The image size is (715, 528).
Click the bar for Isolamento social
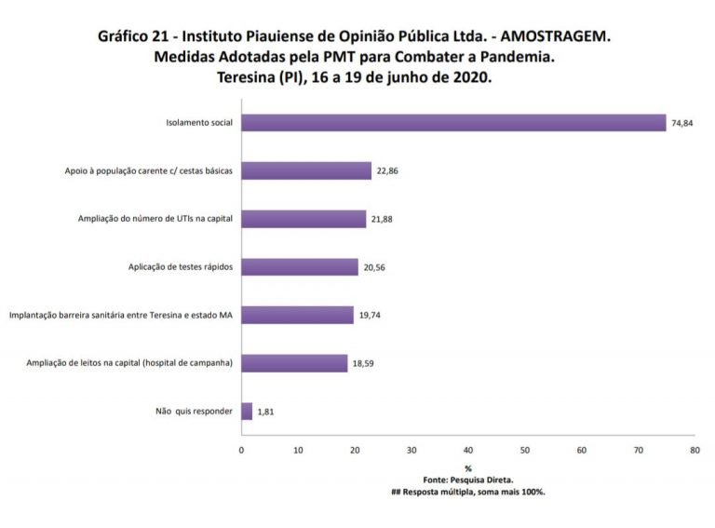tap(453, 123)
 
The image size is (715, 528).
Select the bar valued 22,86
tap(306, 170)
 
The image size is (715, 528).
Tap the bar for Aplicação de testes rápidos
tap(300, 267)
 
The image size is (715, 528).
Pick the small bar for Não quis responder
tap(247, 411)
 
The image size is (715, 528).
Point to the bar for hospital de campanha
tap(294, 363)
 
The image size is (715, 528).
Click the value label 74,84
tap(681, 123)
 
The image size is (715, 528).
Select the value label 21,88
tap(383, 220)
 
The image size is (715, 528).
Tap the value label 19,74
tap(371, 316)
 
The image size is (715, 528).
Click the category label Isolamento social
tap(199, 123)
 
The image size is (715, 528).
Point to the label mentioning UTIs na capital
tap(155, 220)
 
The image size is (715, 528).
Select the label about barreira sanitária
tap(120, 316)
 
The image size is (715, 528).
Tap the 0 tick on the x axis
tap(241, 450)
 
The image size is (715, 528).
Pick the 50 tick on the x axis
tap(525, 450)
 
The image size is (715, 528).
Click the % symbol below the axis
tap(468, 468)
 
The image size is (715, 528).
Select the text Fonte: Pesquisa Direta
tap(468, 480)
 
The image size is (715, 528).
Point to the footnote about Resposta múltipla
tap(468, 492)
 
